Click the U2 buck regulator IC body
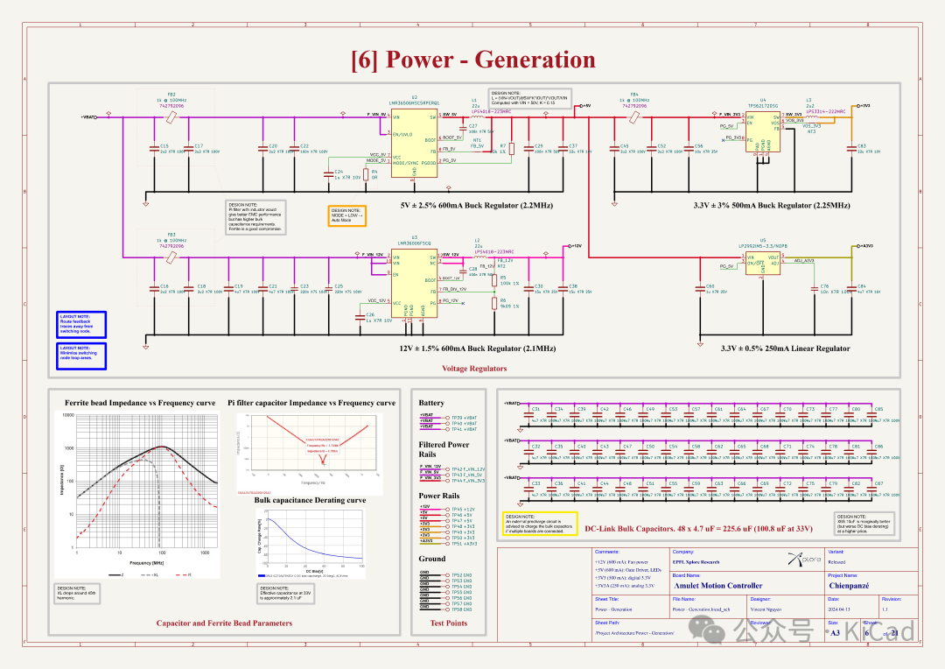coord(415,144)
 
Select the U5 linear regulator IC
coord(763,263)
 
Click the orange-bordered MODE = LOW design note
coord(346,215)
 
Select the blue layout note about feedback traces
coord(81,324)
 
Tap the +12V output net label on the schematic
coord(574,246)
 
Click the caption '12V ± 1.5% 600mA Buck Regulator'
coord(478,349)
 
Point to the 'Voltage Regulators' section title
coord(474,369)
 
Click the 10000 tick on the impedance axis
coord(67,415)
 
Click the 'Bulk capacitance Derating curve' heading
coord(310,500)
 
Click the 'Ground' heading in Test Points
coord(431,558)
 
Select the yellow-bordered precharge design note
coord(540,522)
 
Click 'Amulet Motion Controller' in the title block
coord(717,585)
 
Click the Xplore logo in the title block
coord(798,559)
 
